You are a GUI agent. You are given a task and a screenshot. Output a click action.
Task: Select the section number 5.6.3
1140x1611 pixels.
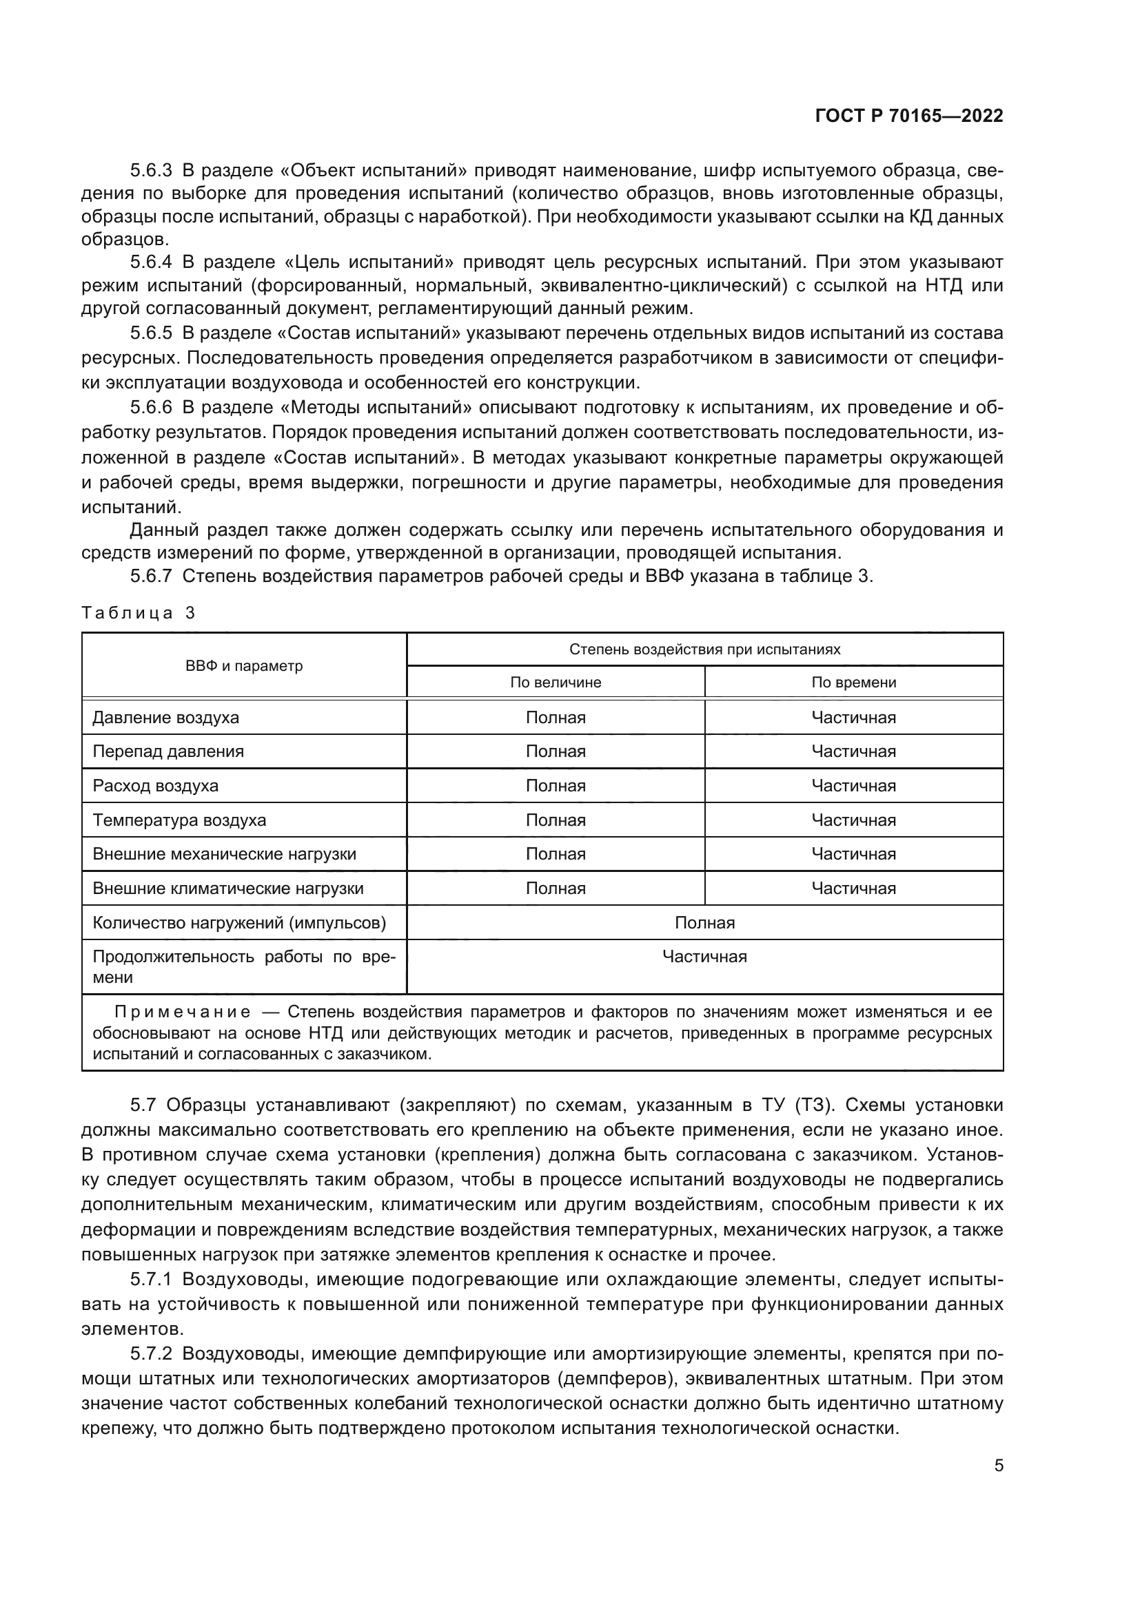(151, 171)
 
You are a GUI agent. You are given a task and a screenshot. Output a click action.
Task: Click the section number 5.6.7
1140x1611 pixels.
(151, 576)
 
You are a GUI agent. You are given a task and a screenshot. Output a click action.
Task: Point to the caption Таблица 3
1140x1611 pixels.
(139, 613)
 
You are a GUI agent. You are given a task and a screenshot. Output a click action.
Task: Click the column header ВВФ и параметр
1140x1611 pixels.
(243, 666)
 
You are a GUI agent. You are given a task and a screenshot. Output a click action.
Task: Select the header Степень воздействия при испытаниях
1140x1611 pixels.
(704, 649)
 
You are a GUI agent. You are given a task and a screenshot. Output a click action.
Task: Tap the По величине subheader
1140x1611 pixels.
(556, 682)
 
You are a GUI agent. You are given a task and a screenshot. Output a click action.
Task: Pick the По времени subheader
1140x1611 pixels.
(853, 682)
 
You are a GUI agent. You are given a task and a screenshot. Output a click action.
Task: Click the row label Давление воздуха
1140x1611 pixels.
(165, 718)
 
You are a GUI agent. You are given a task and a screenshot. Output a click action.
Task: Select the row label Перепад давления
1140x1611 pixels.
(168, 751)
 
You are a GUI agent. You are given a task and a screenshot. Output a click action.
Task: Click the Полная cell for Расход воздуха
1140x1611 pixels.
(556, 786)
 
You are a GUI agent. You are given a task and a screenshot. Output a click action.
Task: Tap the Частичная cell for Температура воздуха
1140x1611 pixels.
(853, 820)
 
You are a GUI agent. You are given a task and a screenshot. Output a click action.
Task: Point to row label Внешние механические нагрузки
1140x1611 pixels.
(225, 854)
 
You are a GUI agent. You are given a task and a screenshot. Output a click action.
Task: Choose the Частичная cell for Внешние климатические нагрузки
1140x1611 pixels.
(853, 888)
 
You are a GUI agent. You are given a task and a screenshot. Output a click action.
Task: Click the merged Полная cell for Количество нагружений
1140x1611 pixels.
(704, 923)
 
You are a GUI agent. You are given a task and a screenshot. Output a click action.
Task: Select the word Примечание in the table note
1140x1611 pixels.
(182, 1012)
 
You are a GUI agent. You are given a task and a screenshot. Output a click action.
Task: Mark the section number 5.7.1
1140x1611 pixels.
(151, 1279)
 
